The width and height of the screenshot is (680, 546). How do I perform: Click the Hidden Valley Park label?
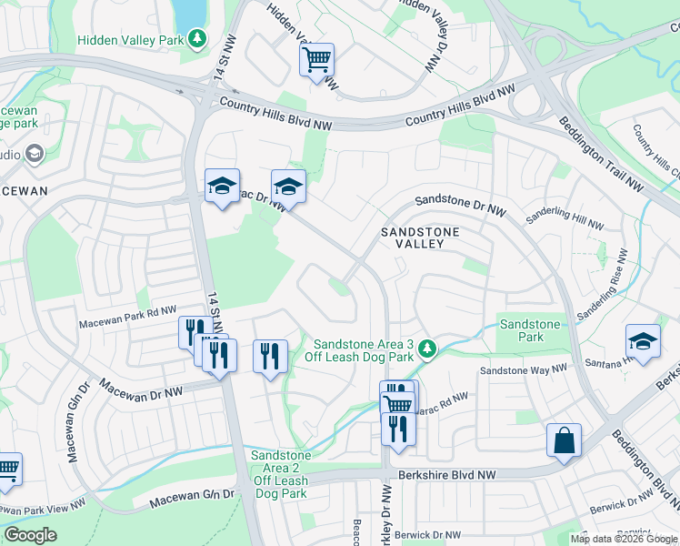pos(130,40)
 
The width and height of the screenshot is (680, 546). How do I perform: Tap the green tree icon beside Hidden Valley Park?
pos(197,39)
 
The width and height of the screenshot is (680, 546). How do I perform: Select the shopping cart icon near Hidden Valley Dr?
pos(316,61)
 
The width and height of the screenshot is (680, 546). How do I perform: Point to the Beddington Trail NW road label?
pos(600,155)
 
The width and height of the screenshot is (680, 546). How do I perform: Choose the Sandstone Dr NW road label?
pos(460,201)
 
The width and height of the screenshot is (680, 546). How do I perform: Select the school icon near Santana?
pos(643,341)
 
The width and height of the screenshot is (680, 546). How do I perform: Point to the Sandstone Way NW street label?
pos(523,370)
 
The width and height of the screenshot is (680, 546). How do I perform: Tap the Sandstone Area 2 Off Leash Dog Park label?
pos(281,474)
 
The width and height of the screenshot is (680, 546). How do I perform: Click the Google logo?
pos(31,535)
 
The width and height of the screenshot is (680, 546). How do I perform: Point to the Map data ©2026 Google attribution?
pos(623,539)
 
